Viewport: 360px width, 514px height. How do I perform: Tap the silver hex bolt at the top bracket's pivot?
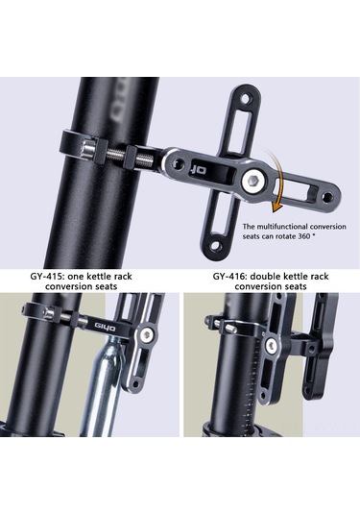click(x=252, y=181)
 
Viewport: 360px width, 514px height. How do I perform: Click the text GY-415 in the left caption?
click(x=47, y=277)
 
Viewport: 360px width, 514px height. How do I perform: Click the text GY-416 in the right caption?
click(x=229, y=277)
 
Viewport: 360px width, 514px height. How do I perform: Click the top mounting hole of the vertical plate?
click(x=247, y=98)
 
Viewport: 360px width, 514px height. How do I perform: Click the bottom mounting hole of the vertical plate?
click(x=215, y=245)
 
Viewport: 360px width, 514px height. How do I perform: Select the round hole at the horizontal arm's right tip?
click(x=327, y=197)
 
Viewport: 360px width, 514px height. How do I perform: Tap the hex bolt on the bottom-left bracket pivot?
click(x=145, y=334)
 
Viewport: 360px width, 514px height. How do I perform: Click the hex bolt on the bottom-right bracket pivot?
click(x=272, y=345)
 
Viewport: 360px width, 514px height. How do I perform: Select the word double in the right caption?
click(x=265, y=277)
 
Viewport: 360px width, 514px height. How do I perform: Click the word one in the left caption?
click(x=76, y=277)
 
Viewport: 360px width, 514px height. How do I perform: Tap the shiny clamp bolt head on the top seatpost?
click(x=88, y=149)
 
